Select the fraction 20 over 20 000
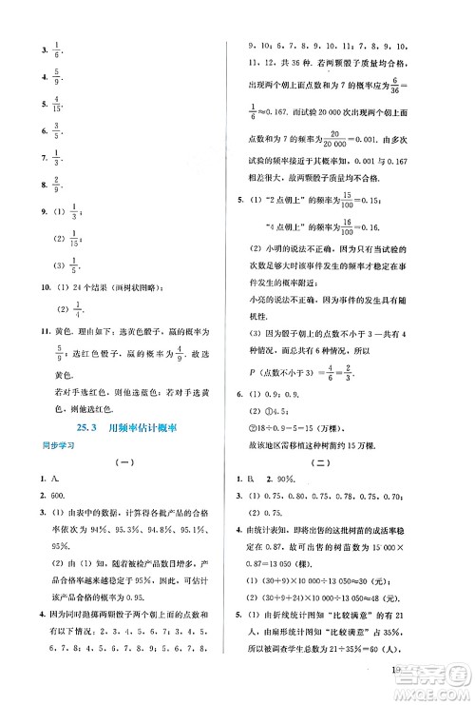pyautogui.click(x=358, y=135)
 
